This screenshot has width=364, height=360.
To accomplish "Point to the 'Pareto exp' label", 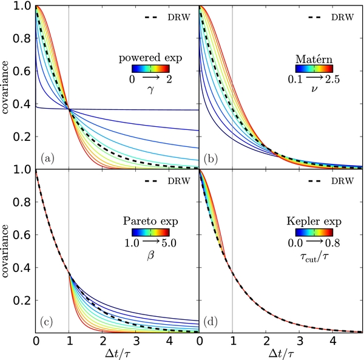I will (x=146, y=220).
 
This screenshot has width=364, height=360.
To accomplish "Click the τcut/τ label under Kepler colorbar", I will (x=312, y=254).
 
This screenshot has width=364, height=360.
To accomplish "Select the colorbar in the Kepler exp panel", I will (x=312, y=231).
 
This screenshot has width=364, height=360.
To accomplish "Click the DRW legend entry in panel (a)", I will (x=170, y=17).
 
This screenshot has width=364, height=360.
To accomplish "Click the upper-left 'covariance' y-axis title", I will (x=8, y=85).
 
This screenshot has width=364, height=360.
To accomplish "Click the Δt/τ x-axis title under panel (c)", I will (x=118, y=351).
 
